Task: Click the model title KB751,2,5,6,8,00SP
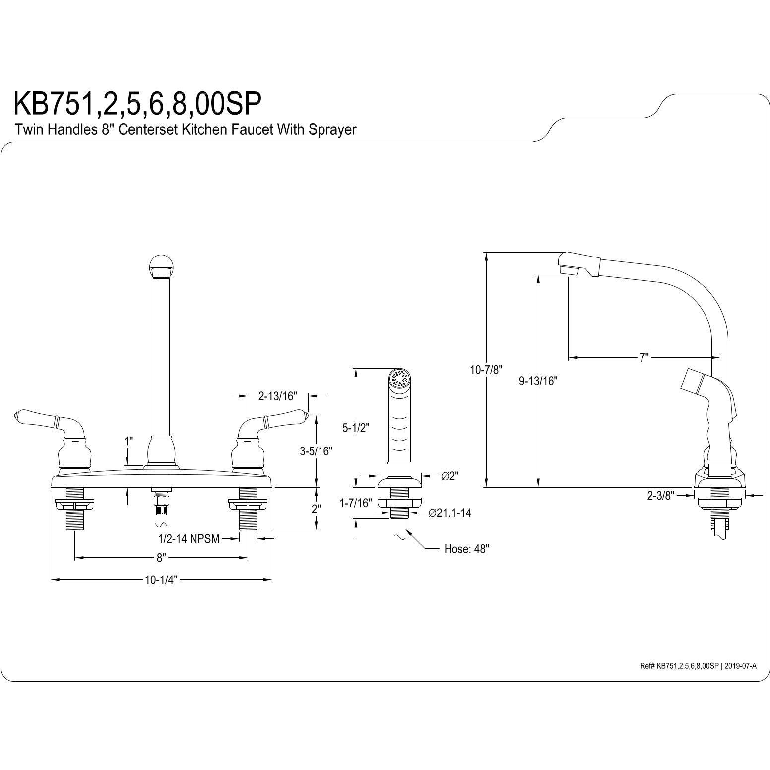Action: [x=137, y=103]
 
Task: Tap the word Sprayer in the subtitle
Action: [x=332, y=130]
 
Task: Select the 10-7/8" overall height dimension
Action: [x=487, y=369]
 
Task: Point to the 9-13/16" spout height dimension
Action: [x=538, y=381]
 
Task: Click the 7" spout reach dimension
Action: [x=644, y=357]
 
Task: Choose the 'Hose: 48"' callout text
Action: [x=466, y=549]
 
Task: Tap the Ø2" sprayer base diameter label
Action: [x=449, y=476]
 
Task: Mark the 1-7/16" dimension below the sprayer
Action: [x=356, y=503]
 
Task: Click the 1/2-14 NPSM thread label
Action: [x=189, y=539]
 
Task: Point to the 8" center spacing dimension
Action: [x=160, y=558]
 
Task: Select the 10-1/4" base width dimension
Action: [x=161, y=580]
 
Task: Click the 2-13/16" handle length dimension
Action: [x=277, y=396]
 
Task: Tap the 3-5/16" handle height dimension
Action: [x=316, y=451]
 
